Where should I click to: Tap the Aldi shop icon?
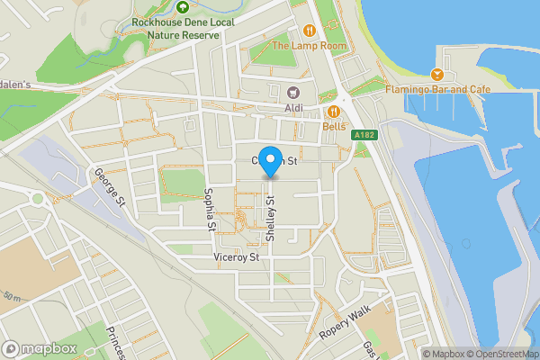(292, 92)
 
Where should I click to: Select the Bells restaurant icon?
(334, 112)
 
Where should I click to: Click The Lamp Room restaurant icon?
(310, 29)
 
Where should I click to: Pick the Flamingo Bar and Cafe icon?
(438, 73)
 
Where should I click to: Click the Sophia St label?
(210, 208)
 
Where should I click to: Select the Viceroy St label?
(237, 257)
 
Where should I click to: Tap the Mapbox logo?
(40, 348)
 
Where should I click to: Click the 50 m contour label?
(13, 296)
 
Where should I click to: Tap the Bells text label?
(334, 128)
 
